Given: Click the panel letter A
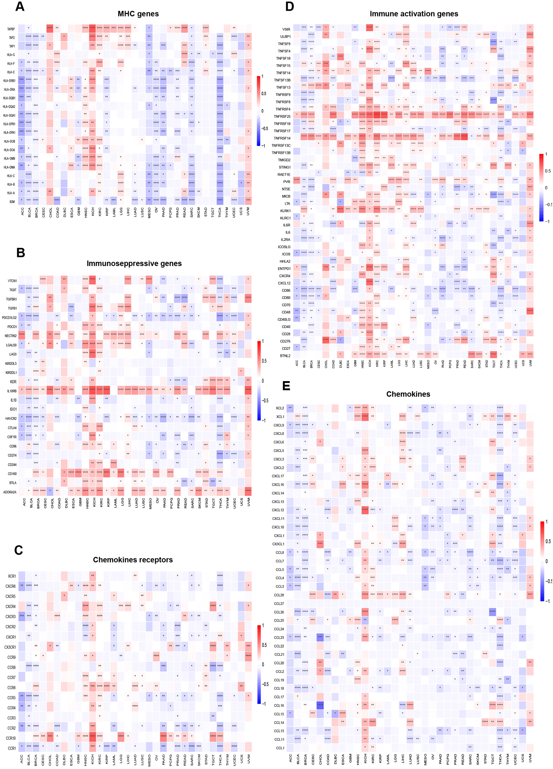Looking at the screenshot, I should tap(20, 6).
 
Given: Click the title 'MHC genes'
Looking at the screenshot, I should tap(138, 14).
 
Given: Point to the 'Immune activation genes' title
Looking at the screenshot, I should tap(414, 14).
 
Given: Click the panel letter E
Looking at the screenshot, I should tap(286, 386).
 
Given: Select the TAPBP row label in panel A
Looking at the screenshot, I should tap(11, 29).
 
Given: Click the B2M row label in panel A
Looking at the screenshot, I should tap(12, 202).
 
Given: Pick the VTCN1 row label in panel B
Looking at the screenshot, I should tap(12, 281).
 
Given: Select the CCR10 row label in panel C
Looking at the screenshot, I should tap(10, 738).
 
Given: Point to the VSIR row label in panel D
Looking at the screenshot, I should tap(286, 29).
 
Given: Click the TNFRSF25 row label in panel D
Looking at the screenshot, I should tap(282, 116).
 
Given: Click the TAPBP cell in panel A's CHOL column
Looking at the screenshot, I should tap(50, 29).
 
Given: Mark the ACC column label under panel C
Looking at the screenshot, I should tap(22, 759).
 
